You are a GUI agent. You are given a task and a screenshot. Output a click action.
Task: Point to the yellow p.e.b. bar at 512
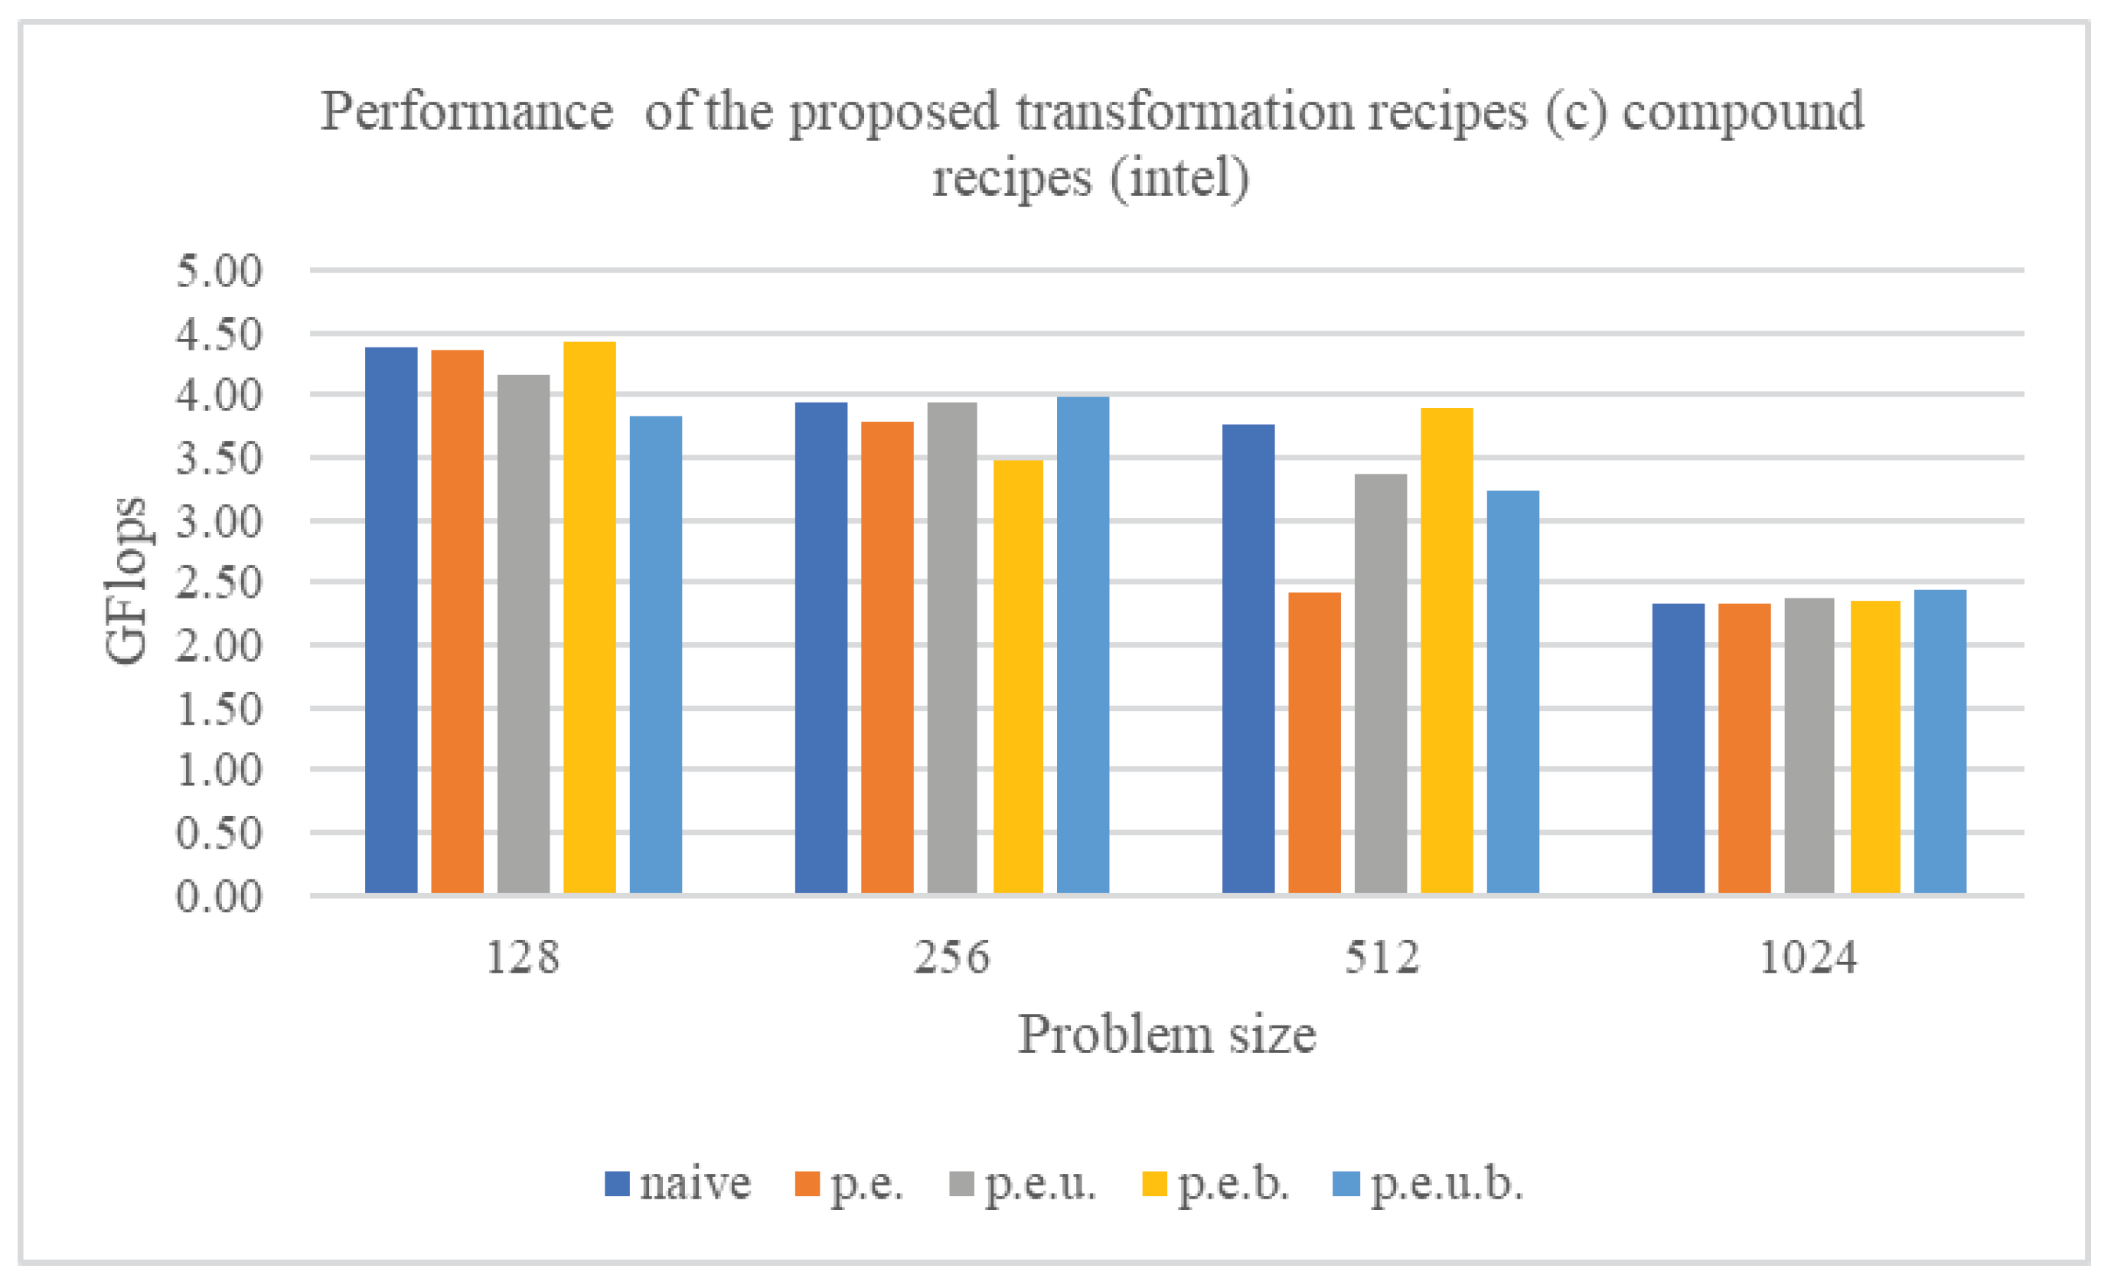pos(1447,651)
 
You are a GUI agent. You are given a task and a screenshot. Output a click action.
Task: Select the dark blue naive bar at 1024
pos(1678,748)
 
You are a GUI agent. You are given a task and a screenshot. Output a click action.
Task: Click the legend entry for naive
pos(677,1185)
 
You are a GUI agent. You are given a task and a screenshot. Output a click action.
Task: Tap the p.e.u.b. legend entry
pos(1429,1185)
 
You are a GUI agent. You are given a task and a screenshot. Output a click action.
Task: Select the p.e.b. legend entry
pos(1215,1185)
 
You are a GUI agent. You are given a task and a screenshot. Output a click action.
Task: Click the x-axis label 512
pos(1381,957)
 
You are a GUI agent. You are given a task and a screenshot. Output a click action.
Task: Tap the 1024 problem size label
pos(1808,957)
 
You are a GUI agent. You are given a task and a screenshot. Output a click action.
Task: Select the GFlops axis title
pos(125,581)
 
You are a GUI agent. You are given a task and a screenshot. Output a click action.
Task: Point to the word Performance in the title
pos(467,112)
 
